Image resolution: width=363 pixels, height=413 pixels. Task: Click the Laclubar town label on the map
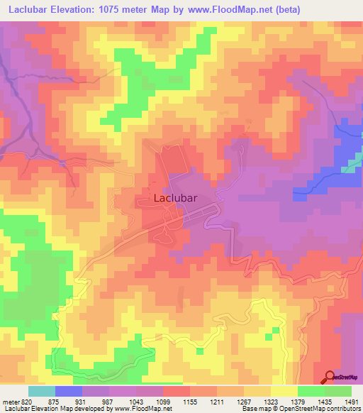[x=175, y=199]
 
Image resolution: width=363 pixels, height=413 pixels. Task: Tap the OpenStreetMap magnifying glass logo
[x=330, y=377]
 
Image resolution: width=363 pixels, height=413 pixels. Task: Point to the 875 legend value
[x=55, y=402]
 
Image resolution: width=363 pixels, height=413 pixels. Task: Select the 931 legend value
[x=82, y=402]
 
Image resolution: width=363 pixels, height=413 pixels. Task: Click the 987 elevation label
[x=108, y=402]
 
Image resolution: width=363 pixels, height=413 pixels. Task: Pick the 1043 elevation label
[x=136, y=402]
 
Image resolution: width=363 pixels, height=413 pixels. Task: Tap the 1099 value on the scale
[x=163, y=402]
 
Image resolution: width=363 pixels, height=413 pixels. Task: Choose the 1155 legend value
[x=190, y=402]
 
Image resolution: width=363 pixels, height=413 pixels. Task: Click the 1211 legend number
[x=217, y=402]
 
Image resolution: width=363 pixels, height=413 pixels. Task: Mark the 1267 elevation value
[x=244, y=402]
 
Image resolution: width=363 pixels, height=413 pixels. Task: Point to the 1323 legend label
[x=271, y=402]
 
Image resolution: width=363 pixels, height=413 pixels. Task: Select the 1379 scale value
[x=298, y=402]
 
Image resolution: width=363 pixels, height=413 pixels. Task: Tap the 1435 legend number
[x=325, y=402]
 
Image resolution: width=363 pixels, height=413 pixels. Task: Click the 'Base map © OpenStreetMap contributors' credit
[x=301, y=409]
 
